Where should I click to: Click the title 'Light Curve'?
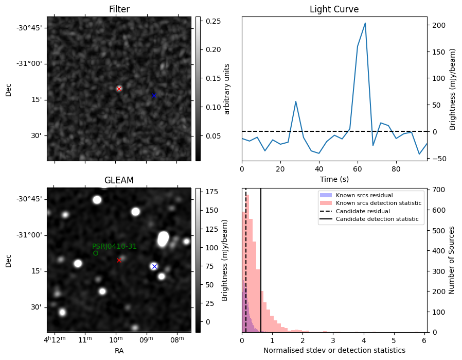pos(334,9)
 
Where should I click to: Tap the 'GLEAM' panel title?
pos(119,180)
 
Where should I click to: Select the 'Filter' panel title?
pos(119,9)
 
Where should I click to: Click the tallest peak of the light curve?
pos(365,23)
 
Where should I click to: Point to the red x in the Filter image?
pos(119,89)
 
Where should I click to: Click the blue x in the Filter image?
pos(153,95)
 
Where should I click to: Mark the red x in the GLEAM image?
pos(119,260)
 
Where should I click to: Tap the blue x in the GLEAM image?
pos(154,266)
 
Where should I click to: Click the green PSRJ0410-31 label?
pos(114,247)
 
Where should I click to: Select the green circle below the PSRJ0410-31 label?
pos(96,253)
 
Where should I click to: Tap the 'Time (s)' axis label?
pos(334,179)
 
